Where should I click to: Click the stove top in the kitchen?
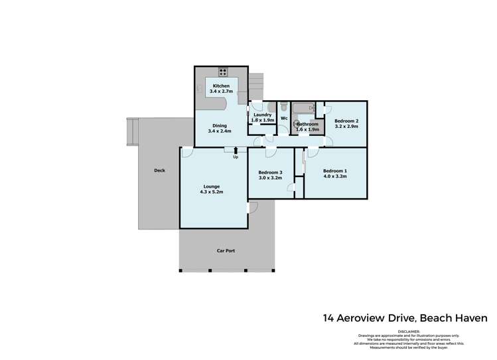222,74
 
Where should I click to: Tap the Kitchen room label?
221,86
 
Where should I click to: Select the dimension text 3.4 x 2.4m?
220,131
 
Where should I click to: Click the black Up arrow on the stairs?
236,151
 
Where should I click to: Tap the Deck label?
159,170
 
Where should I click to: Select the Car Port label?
226,251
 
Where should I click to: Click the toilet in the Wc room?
283,106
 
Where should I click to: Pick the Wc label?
283,119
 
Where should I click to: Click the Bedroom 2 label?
346,121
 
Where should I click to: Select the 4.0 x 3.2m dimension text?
335,177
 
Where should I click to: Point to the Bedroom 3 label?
270,172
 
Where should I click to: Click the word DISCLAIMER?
409,330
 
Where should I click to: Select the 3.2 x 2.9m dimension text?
346,126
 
